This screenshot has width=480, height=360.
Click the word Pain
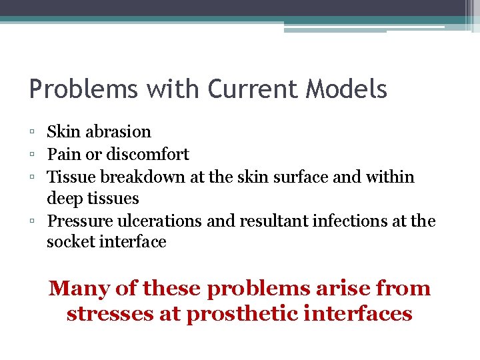[61, 154]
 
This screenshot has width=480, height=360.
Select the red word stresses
[109, 313]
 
